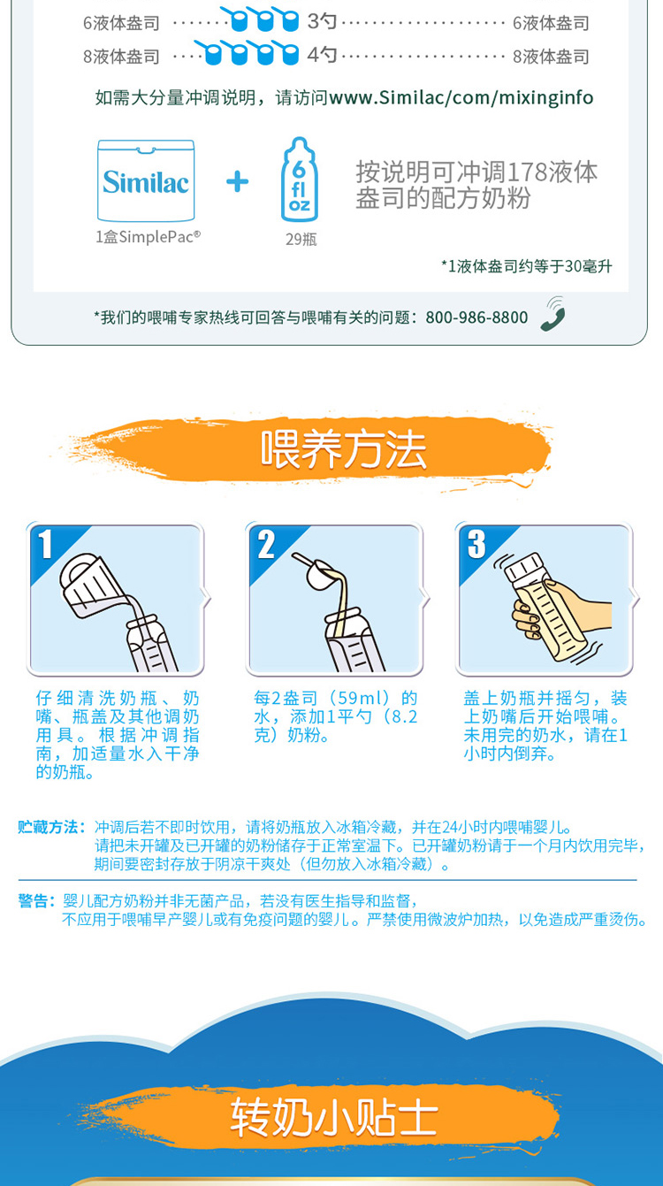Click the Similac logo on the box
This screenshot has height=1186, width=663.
coord(146,182)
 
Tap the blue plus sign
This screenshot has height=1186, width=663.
coord(237,182)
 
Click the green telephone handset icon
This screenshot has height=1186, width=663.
coord(552,314)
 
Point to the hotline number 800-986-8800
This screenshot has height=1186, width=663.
coord(476,318)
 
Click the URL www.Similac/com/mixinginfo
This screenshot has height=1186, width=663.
coord(461,97)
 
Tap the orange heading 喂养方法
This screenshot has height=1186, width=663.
coord(343,449)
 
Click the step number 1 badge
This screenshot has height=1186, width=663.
coord(45,544)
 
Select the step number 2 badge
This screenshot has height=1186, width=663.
coord(266,544)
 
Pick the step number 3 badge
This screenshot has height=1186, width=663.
coord(476,544)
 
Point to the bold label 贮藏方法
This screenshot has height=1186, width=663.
coord(51,828)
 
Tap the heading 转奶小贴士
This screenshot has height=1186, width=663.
coord(334,1117)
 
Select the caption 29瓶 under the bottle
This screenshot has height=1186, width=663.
coord(301,240)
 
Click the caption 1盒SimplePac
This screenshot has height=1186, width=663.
coord(149,237)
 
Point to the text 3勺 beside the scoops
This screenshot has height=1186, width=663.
coord(323,22)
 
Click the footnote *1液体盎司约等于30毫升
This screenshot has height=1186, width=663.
coord(527,266)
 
